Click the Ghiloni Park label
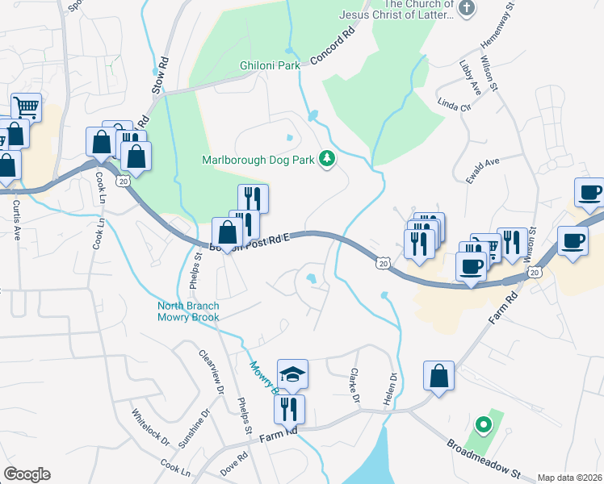click(270, 65)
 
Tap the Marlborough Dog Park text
click(258, 160)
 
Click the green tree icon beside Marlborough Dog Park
click(327, 159)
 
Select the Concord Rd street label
click(333, 49)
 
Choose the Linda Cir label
click(453, 106)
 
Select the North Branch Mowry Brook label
click(187, 311)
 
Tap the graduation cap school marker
click(292, 374)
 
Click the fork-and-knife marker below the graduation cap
click(289, 408)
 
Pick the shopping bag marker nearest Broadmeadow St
click(438, 377)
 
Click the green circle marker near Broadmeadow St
click(483, 423)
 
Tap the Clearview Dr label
click(212, 372)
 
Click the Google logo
click(27, 474)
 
